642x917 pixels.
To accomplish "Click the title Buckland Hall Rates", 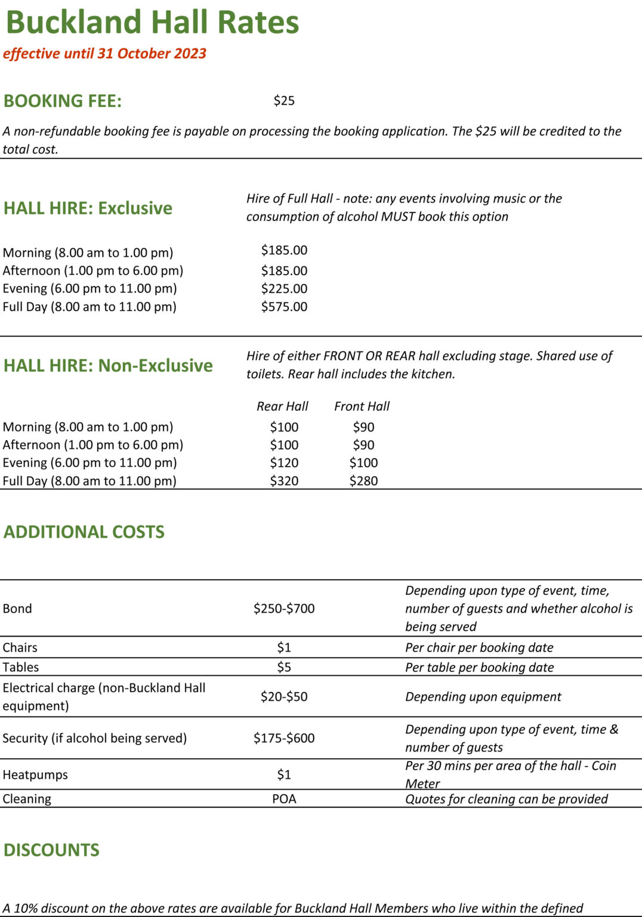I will point(152,23).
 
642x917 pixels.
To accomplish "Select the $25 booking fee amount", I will point(284,100).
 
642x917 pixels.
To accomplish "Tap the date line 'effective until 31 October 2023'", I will point(104,53).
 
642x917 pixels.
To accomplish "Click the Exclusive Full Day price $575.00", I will point(284,306).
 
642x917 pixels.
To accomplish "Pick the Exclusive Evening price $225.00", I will point(284,288).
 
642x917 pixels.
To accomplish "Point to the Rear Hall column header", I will point(282,406).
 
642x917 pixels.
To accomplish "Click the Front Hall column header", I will point(362,406).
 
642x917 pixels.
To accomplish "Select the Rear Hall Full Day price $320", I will point(284,481).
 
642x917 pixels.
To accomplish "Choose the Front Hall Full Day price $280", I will point(363,481).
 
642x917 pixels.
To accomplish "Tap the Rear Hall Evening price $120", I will point(284,463).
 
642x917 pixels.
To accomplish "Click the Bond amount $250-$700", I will point(284,608).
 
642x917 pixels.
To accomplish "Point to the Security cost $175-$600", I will point(284,738).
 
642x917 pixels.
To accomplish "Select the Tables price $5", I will point(284,667).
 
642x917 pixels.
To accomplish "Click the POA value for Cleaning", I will point(284,799).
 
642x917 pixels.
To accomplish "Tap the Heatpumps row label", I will point(35,774).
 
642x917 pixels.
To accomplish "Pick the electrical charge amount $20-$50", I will point(284,696).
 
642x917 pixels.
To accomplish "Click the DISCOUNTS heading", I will point(51,850).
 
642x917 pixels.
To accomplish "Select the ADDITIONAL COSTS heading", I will point(84,531).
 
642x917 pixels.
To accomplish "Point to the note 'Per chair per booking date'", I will point(479,647).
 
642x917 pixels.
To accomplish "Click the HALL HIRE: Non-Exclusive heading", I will point(108,365).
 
